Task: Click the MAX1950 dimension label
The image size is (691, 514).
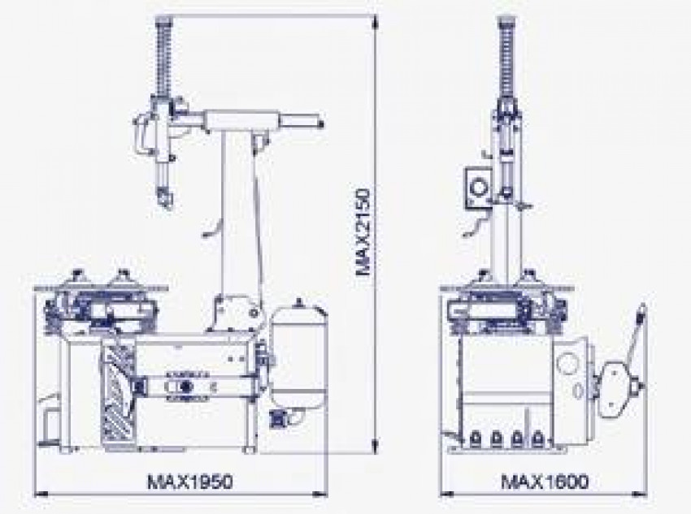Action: point(189,482)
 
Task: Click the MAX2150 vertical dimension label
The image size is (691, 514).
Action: point(363,232)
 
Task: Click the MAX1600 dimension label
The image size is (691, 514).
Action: point(545,482)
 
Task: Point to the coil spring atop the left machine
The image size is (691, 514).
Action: point(163,56)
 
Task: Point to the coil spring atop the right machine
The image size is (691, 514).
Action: point(506,56)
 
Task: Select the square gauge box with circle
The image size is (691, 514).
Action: point(478,188)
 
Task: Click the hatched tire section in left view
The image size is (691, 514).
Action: point(117,391)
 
